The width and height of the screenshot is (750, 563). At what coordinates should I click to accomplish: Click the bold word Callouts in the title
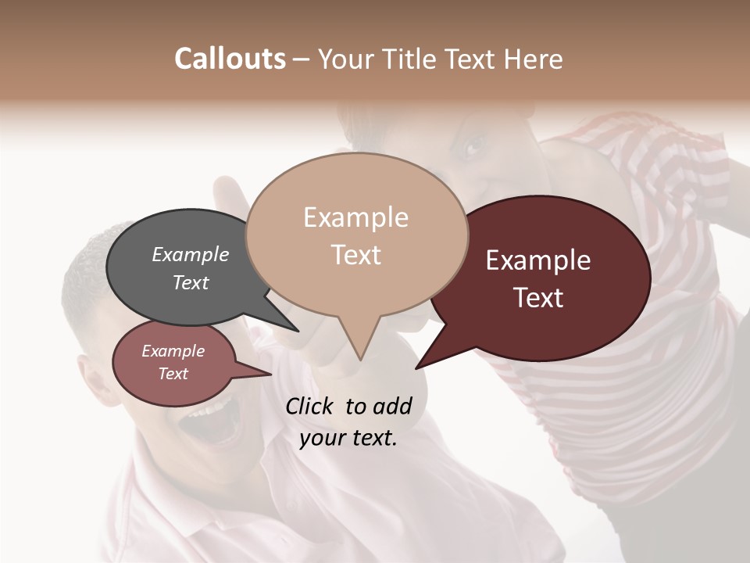[230, 59]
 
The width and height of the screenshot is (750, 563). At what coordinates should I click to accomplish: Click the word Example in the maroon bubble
[538, 260]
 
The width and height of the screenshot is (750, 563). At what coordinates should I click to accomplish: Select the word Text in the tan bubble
[356, 255]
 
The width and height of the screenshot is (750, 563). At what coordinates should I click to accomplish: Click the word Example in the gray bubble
[191, 254]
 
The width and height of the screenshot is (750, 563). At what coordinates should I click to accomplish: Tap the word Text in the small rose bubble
[173, 374]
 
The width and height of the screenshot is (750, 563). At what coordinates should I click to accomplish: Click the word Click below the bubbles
[310, 406]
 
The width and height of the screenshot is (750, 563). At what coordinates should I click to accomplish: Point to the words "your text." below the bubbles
[348, 438]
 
